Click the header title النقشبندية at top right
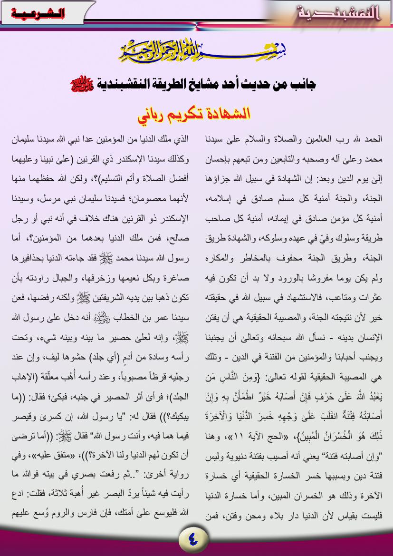coord(339,13)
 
